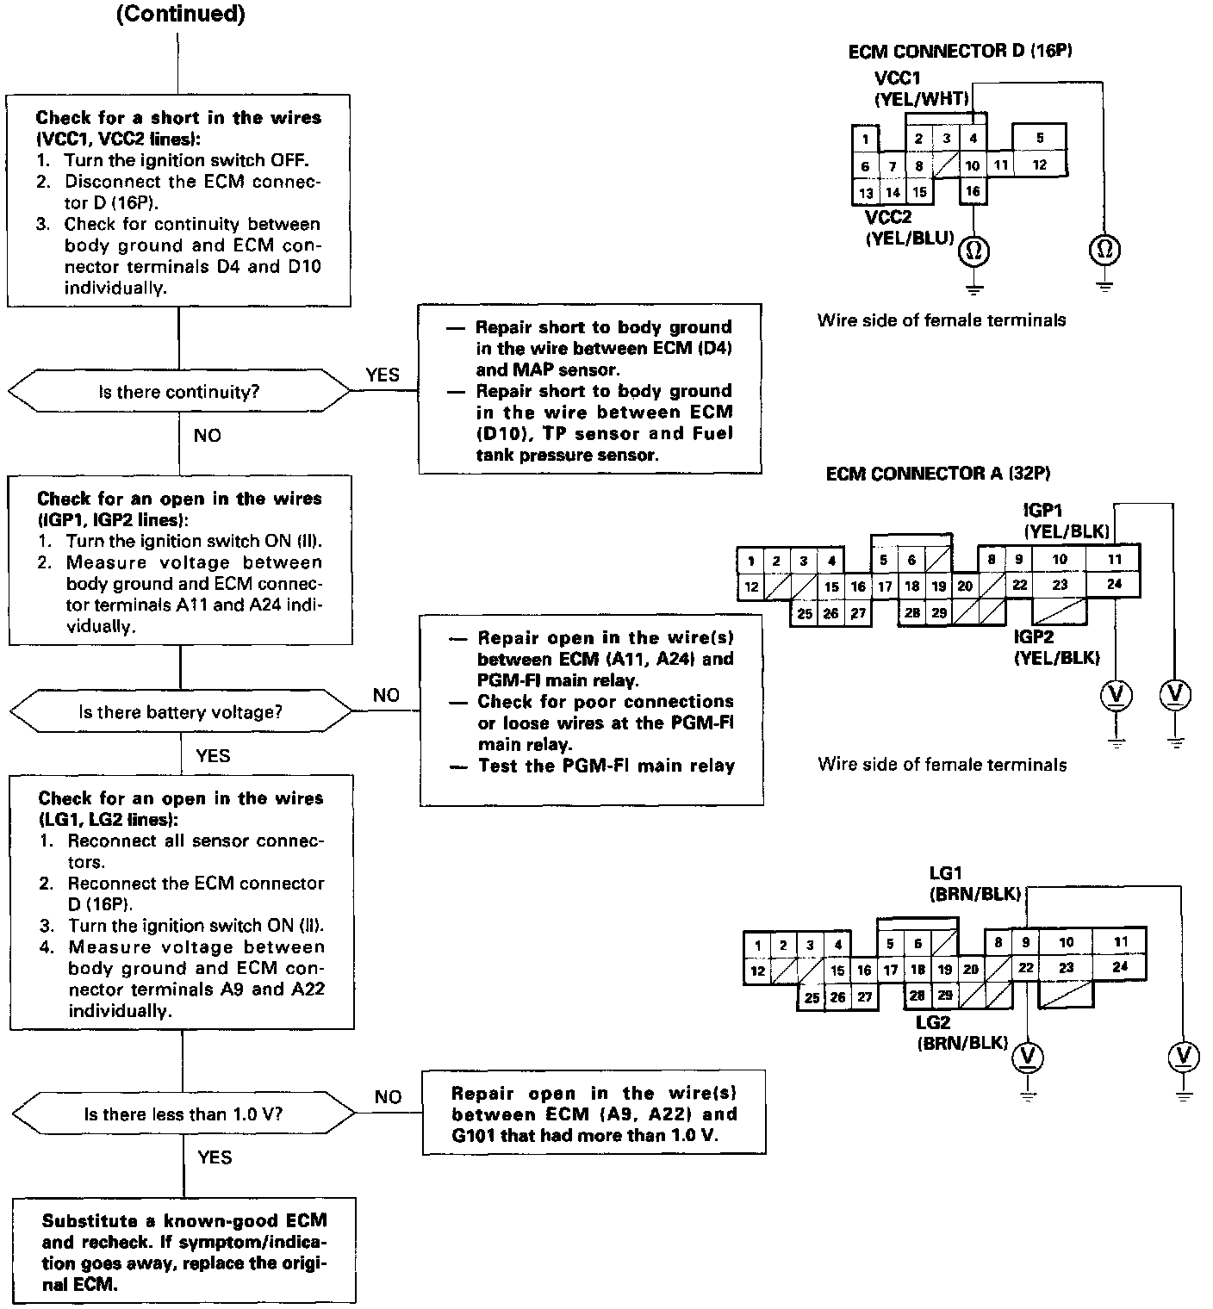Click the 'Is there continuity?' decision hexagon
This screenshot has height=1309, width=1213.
[x=179, y=392]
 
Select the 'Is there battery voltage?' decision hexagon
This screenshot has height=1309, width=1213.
[x=181, y=712]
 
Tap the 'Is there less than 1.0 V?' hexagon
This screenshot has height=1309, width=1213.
[x=184, y=1114]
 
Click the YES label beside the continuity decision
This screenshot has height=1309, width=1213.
[x=383, y=375]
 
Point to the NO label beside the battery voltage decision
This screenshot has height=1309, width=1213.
[x=386, y=695]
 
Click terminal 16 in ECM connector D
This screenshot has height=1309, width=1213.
[x=973, y=191]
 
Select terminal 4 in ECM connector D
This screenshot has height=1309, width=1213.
[x=973, y=138]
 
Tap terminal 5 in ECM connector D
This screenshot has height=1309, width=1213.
[x=1040, y=138]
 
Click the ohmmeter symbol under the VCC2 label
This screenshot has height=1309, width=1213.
[x=974, y=251]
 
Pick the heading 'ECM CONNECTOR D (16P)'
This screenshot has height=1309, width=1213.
[x=960, y=51]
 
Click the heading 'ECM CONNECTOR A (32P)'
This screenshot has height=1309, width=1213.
[x=937, y=474]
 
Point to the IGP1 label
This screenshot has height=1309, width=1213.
[x=1042, y=512]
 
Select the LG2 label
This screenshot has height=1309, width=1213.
[x=933, y=1023]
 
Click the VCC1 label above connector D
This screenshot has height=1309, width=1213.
[x=897, y=78]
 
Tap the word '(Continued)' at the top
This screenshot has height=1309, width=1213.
[x=180, y=15]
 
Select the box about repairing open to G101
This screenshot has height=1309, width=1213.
[x=594, y=1114]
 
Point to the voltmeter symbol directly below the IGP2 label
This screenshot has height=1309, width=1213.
[x=1117, y=694]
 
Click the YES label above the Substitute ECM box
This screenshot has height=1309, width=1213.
[x=215, y=1157]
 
